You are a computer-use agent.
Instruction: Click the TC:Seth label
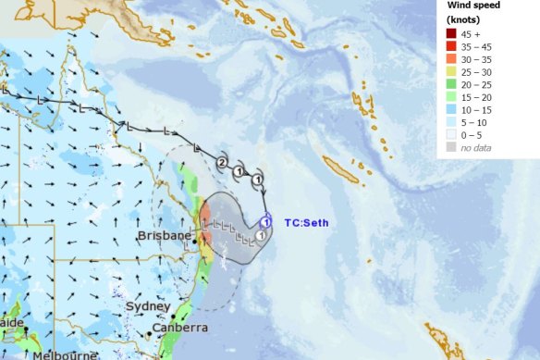coord(306,222)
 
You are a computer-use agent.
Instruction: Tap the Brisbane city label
coord(164,237)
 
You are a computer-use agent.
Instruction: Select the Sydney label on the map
coord(148,306)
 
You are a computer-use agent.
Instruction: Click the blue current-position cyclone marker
coord(265,221)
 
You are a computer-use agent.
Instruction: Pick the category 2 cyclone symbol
coord(221,163)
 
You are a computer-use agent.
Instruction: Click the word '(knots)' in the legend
coord(460,19)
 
